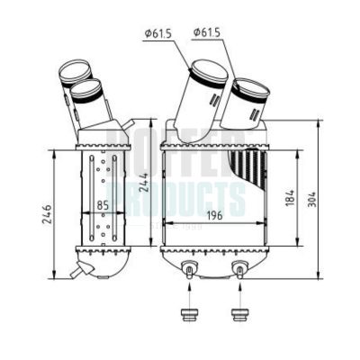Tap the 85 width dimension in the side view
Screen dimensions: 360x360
[x=103, y=206]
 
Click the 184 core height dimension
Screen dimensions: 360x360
[x=288, y=195]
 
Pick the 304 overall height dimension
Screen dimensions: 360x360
[x=311, y=199]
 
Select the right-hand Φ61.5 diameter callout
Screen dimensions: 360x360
[x=206, y=33]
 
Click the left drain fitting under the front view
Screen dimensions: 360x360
[x=190, y=267]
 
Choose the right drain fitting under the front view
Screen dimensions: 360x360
[x=239, y=267]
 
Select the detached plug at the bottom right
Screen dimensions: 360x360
[x=239, y=315]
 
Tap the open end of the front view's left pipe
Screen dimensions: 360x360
[x=208, y=67]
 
